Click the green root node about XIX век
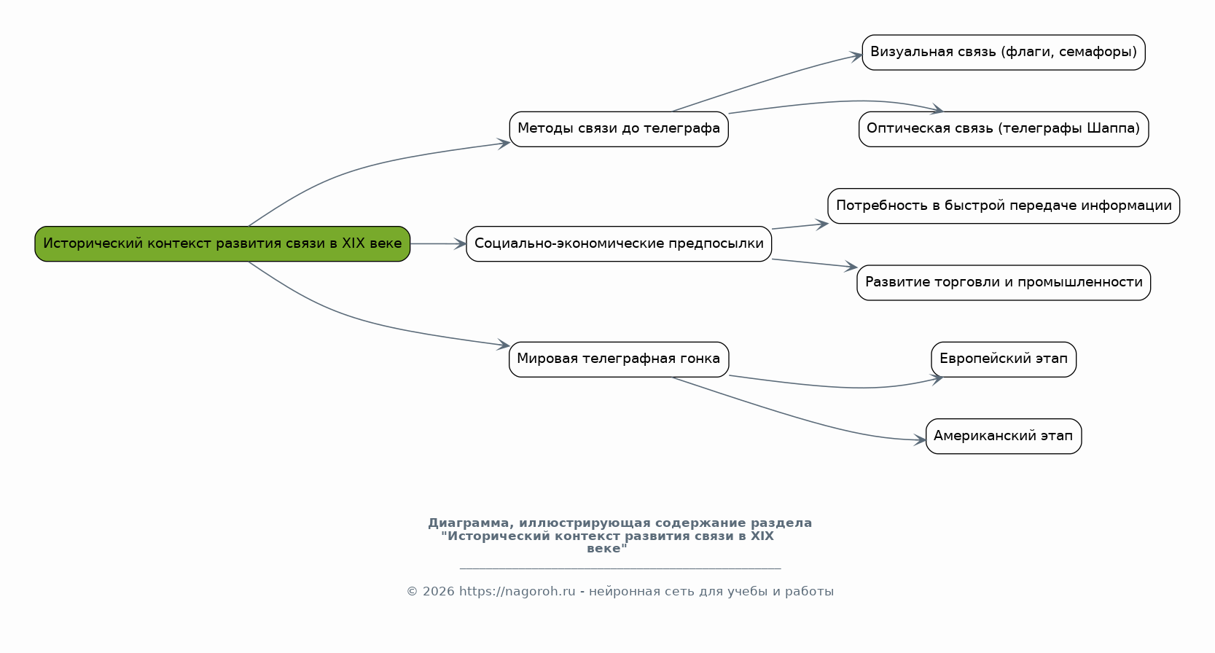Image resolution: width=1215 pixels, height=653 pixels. [222, 244]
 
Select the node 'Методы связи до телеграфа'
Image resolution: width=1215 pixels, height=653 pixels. [619, 129]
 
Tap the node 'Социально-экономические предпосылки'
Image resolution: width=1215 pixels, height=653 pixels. [619, 244]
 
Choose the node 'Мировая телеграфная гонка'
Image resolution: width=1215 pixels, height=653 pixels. [619, 359]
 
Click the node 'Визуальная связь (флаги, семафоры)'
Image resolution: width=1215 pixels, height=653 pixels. [1004, 52]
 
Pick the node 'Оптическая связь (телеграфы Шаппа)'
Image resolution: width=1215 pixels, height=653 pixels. [1004, 129]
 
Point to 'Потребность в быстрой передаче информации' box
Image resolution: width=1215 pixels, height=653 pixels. [1004, 206]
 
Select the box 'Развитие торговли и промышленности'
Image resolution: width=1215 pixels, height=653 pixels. [1004, 283]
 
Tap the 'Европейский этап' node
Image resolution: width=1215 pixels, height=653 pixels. [1004, 359]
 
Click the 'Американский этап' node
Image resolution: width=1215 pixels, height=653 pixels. [1004, 436]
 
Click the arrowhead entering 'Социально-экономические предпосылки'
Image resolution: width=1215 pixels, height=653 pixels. [461, 244]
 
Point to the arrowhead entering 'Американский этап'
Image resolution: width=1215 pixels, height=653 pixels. [920, 440]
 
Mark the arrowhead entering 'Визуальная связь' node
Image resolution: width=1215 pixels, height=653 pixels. [856, 56]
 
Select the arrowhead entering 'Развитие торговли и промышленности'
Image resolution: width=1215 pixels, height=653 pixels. [851, 266]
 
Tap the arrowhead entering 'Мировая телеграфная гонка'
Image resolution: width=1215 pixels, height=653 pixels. [504, 345]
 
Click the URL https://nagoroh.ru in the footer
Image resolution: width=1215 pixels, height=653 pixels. [517, 592]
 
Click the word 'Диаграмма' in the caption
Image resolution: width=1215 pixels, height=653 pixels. [469, 523]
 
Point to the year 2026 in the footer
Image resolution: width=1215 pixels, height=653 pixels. [438, 592]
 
